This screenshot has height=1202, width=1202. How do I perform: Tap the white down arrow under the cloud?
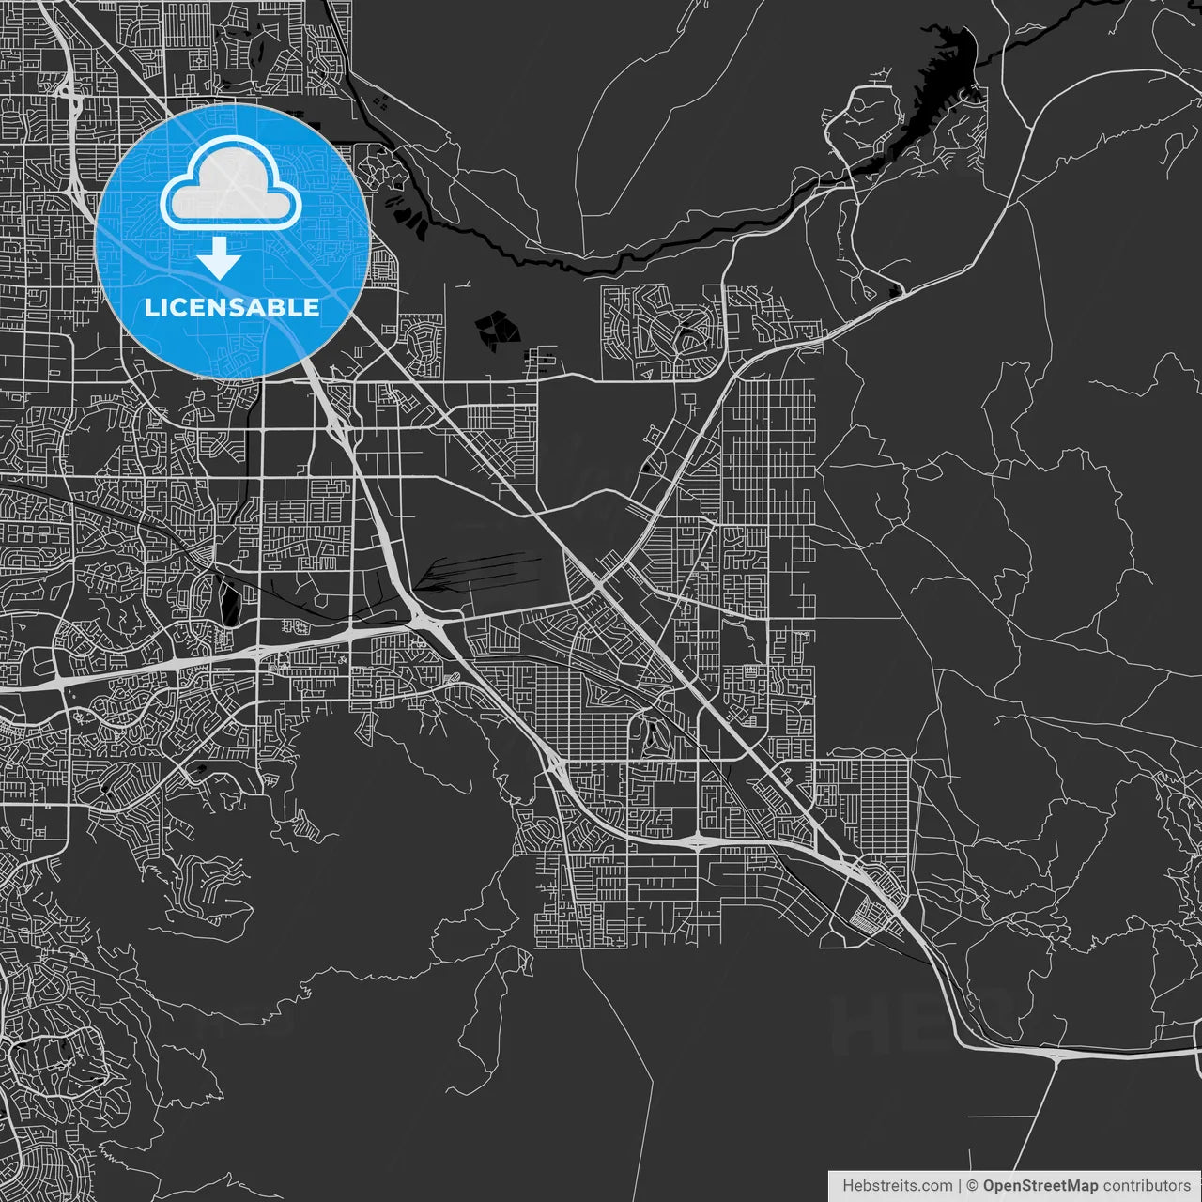220,257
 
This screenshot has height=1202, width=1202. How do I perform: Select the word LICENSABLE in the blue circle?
232,307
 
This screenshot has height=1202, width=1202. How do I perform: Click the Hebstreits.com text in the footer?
897,1185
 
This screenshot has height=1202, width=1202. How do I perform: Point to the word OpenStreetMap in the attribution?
1040,1185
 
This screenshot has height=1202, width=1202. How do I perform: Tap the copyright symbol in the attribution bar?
972,1185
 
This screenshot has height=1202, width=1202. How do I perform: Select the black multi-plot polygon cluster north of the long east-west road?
497,330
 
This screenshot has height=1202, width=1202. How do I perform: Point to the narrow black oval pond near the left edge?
229,599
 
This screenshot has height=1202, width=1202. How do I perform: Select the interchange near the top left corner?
66,94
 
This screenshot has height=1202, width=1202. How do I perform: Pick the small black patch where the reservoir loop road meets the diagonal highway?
895,291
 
